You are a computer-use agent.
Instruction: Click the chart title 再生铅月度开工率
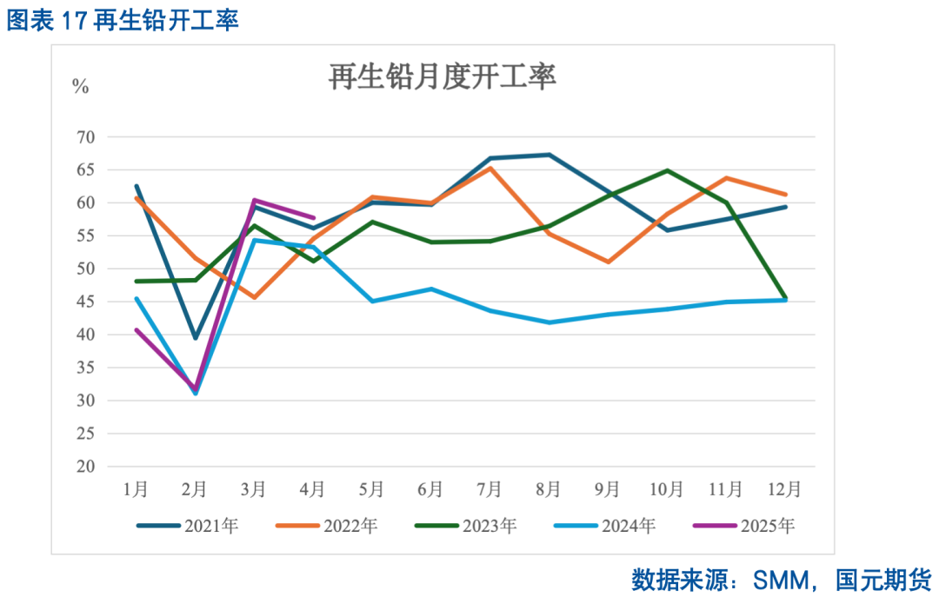tap(442, 77)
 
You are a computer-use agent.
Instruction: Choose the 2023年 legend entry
tap(465, 525)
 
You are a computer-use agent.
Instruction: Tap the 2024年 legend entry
tap(603, 525)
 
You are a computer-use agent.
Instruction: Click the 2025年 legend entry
tap(743, 525)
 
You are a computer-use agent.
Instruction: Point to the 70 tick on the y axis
tap(85, 137)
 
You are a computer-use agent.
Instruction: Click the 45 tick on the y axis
tap(85, 302)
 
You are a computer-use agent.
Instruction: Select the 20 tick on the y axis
tap(85, 467)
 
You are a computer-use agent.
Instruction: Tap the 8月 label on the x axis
tap(548, 489)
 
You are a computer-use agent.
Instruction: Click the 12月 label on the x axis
tap(785, 489)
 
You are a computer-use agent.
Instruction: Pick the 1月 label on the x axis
tap(136, 489)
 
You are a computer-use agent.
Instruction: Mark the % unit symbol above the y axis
tap(80, 86)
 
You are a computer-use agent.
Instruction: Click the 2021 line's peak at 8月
tap(549, 155)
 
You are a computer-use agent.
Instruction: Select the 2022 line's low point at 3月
tap(254, 297)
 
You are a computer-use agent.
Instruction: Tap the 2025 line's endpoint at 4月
tap(313, 217)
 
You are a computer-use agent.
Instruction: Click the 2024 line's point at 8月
tap(549, 322)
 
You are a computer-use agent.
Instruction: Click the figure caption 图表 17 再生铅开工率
tap(123, 21)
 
